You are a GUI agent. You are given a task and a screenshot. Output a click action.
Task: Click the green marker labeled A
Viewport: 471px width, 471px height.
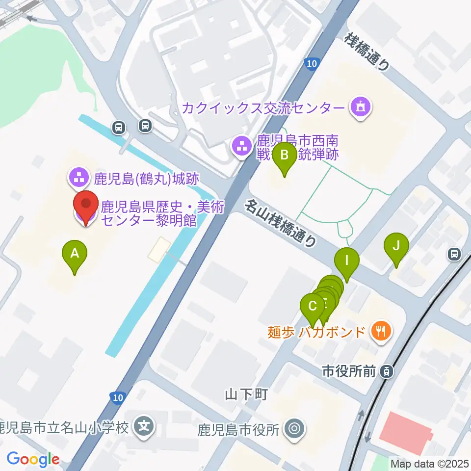coord(75,254)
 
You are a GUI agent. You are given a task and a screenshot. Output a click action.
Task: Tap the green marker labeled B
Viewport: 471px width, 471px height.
coord(284,156)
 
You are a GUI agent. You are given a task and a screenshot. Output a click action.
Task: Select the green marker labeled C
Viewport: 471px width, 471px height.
coord(313,307)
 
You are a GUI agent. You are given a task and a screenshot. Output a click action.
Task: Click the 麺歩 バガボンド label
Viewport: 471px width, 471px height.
coord(317,332)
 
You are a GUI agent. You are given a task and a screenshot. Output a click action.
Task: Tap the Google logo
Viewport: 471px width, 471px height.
coord(33,460)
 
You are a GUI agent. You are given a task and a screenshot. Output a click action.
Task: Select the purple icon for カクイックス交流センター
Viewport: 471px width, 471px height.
coord(361,106)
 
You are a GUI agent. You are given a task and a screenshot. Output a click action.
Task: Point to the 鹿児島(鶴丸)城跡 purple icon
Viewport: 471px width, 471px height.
coord(78,178)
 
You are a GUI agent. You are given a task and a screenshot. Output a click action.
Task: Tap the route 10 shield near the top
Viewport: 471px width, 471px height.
coord(312,63)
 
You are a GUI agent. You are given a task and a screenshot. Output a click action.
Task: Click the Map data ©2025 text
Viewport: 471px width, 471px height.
coord(429,463)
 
